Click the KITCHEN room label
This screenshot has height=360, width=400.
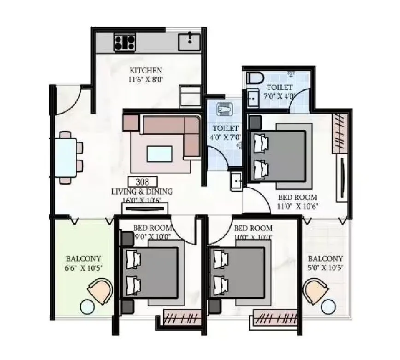tap(146, 70)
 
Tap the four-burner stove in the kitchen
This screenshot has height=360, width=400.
tap(124, 43)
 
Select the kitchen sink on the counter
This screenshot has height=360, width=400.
tap(190, 42)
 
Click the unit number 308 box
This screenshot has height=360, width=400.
tap(142, 181)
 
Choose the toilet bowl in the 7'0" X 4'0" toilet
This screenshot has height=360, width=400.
tap(254, 78)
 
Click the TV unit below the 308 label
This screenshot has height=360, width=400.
tap(143, 208)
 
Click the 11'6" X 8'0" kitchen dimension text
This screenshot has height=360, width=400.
tap(146, 79)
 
